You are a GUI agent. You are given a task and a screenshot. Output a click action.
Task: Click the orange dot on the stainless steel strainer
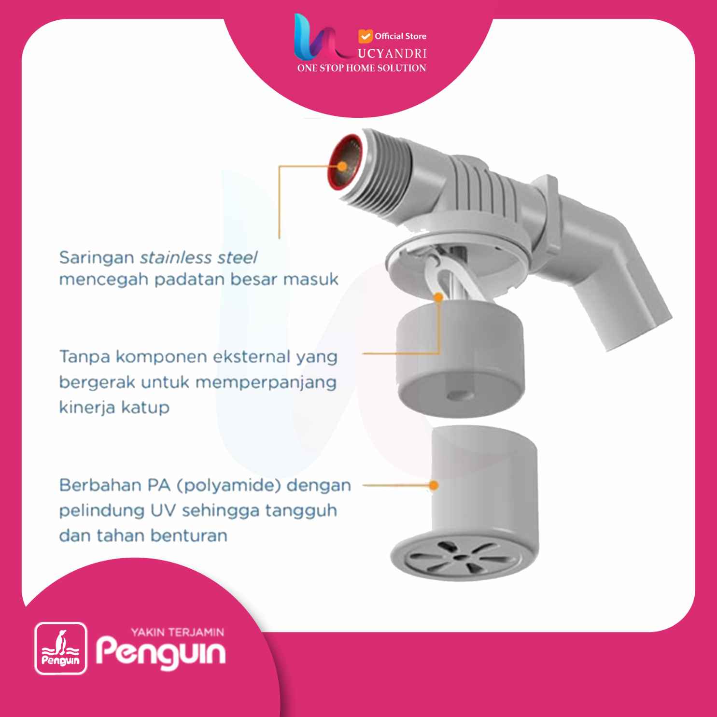[x=342, y=166]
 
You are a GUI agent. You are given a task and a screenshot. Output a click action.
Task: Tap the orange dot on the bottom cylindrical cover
[x=434, y=485]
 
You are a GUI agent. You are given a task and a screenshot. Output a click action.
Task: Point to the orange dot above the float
[x=438, y=297]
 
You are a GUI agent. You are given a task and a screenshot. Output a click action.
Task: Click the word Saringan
[x=97, y=258]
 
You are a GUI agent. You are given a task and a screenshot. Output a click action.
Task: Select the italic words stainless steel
[x=198, y=257]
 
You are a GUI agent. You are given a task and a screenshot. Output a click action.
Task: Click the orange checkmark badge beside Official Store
[x=366, y=36]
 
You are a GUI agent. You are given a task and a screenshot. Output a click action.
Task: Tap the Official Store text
[x=400, y=36]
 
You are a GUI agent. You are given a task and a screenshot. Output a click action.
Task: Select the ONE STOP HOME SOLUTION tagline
[x=362, y=68]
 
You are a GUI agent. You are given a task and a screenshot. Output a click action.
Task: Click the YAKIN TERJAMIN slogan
[x=178, y=632]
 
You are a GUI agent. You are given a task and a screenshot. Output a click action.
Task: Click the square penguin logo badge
[x=60, y=648]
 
